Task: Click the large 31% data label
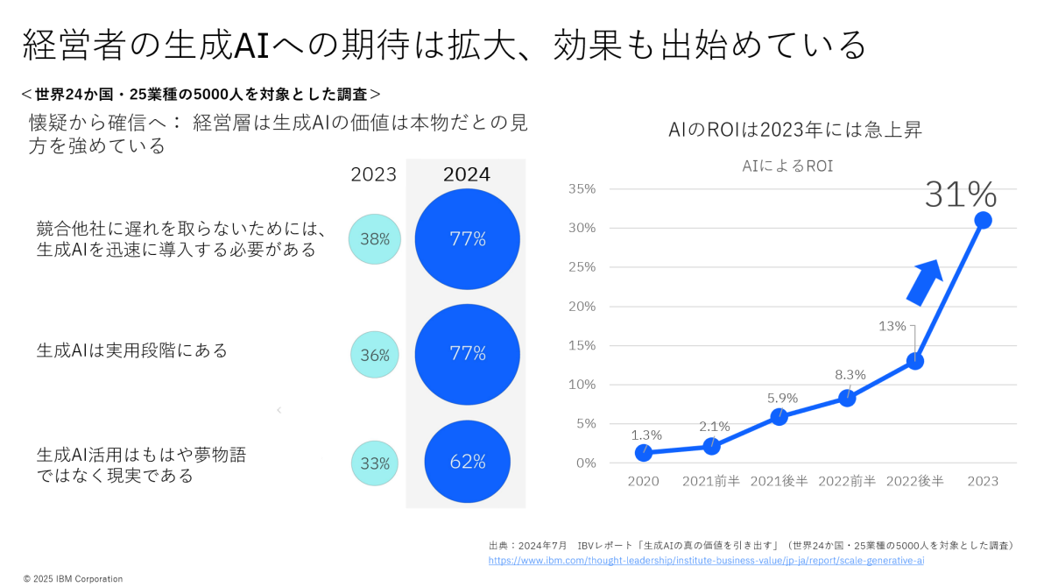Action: point(961,194)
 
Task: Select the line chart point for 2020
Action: point(644,453)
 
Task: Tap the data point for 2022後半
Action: point(915,361)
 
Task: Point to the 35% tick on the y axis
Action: point(582,188)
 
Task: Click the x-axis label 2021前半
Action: point(711,481)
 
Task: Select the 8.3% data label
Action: point(850,374)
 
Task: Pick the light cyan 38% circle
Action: point(375,238)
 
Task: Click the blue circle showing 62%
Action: point(468,462)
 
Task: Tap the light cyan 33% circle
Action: point(375,463)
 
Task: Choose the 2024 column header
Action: point(466,174)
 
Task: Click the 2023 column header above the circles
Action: point(374,174)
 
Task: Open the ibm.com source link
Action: point(705,560)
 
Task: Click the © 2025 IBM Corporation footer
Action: point(73,578)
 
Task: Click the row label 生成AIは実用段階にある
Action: point(132,350)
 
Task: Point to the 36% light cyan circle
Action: point(375,355)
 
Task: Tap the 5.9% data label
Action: point(782,398)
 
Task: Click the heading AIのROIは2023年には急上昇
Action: point(794,131)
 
